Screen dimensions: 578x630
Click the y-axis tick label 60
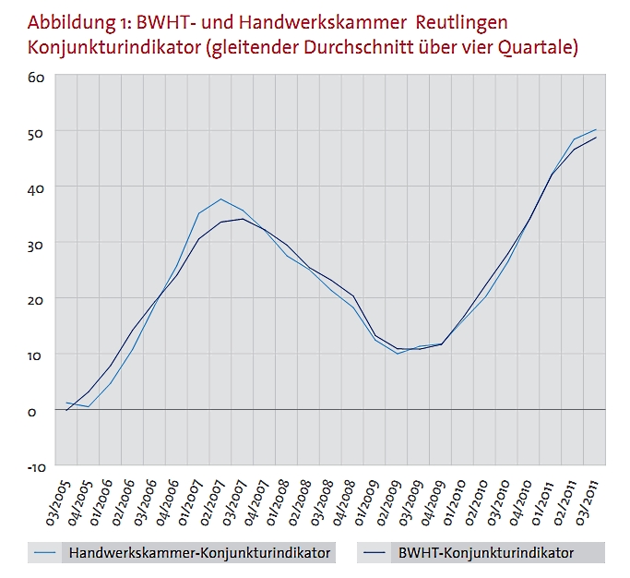tap(36, 76)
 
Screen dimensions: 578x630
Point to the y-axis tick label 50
tap(36, 132)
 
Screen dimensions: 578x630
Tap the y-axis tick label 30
tap(36, 244)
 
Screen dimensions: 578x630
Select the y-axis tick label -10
tap(35, 466)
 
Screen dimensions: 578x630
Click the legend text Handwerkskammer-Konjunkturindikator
tap(196, 553)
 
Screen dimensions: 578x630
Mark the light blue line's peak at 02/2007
tap(220, 199)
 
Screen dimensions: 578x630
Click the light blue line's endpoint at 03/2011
tap(596, 130)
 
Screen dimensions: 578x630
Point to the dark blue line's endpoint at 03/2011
tap(596, 138)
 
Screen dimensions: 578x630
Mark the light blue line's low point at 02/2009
tap(397, 354)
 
